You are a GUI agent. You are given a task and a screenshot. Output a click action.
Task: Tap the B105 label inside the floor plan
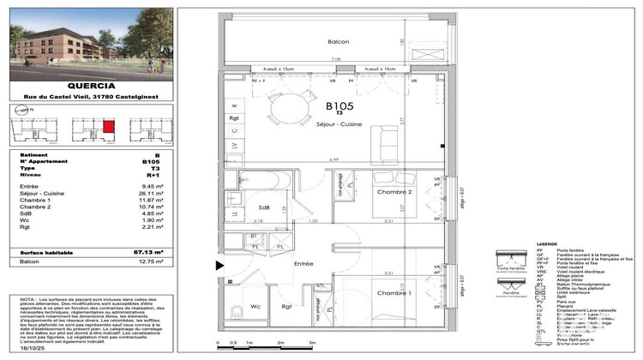(340, 106)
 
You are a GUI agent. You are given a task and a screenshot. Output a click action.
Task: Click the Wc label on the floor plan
(255, 305)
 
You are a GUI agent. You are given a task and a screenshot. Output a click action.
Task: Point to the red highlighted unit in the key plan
(107, 128)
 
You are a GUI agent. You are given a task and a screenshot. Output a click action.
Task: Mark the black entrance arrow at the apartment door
(219, 266)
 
